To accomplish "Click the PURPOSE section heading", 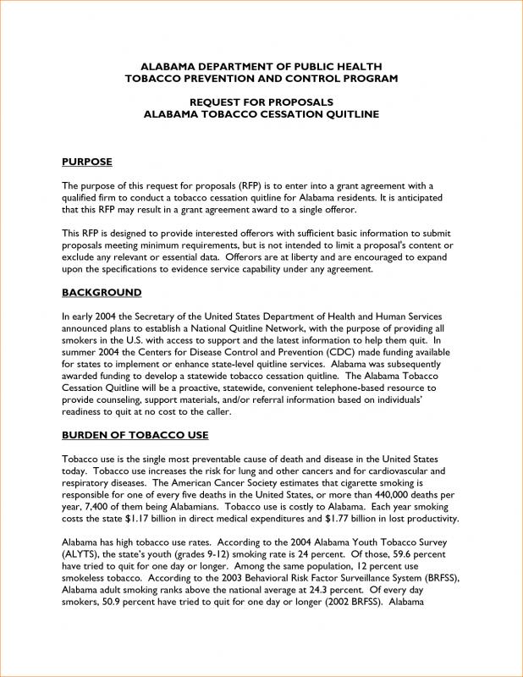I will [x=87, y=161].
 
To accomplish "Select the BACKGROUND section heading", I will [x=102, y=292].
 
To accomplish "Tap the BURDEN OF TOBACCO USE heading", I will [x=135, y=435].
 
